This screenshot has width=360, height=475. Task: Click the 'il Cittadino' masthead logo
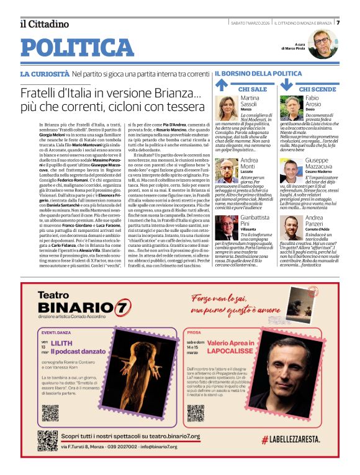coord(44,24)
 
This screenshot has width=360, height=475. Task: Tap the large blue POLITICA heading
coord(77,48)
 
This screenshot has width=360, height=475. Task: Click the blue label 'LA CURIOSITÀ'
coord(45,74)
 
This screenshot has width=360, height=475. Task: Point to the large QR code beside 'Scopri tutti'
coord(48,440)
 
